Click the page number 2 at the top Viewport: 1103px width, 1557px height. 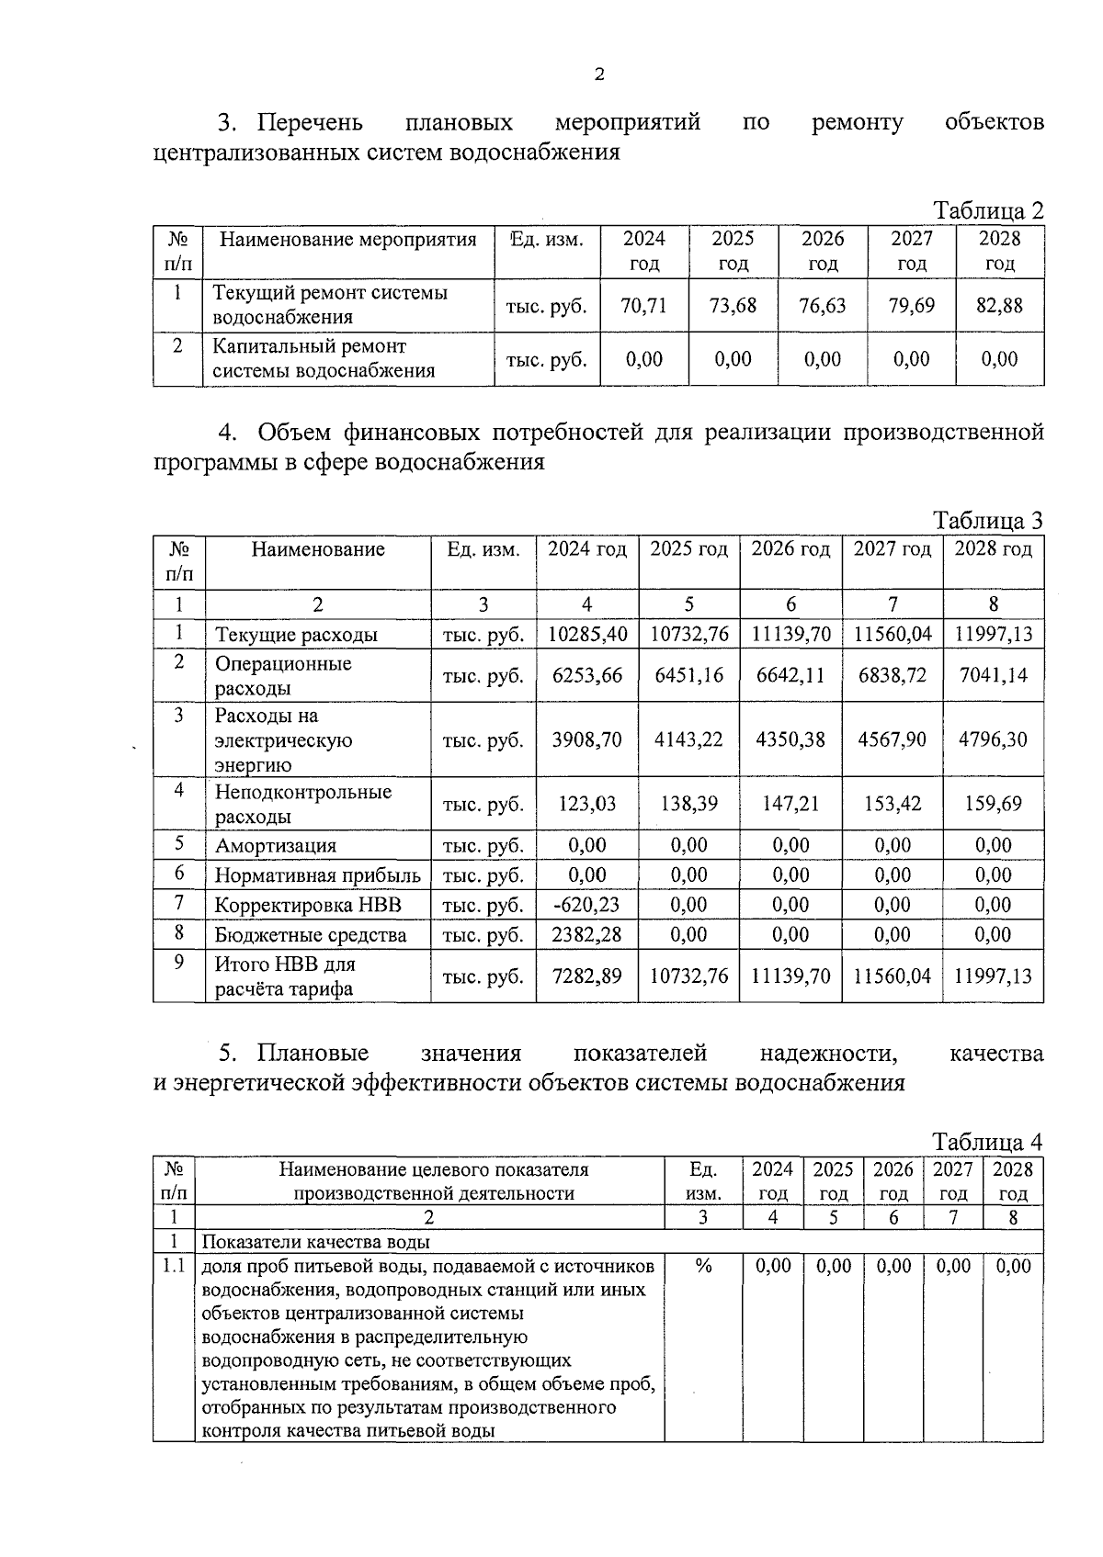(599, 75)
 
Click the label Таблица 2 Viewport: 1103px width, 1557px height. (988, 210)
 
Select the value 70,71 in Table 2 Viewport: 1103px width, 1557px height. (643, 306)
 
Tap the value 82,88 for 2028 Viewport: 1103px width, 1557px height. (999, 306)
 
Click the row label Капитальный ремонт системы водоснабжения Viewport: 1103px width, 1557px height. (324, 359)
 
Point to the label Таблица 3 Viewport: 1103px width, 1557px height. (988, 521)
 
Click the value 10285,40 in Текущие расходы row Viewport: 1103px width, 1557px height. (587, 634)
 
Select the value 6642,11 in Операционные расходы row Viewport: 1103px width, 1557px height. (790, 675)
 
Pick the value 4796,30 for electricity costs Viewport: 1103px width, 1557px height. (993, 739)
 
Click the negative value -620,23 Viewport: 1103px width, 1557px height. (586, 905)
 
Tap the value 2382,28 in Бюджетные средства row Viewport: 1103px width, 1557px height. (587, 935)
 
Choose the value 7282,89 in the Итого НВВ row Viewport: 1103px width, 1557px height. (587, 976)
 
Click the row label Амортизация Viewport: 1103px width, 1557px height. (276, 846)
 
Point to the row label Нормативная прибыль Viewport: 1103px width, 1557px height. (317, 875)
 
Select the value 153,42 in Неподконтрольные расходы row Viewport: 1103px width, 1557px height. (892, 804)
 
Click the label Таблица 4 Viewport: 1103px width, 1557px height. (988, 1143)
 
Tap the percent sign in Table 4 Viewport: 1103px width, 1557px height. (703, 1267)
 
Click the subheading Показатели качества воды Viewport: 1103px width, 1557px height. (315, 1243)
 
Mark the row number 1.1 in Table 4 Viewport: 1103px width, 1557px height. (174, 1267)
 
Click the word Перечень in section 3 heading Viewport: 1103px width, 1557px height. (310, 122)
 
